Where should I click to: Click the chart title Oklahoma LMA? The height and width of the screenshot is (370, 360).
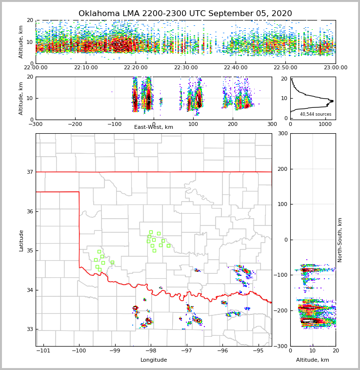185,14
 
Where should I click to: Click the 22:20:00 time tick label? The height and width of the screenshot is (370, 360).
136,68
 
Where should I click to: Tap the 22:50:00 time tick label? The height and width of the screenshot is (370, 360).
285,68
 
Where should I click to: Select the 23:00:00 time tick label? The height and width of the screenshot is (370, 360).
335,68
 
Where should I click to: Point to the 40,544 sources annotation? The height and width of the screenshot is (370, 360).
316,114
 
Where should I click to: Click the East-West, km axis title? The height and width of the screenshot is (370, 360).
154,127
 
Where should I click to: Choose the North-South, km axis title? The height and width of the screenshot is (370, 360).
340,240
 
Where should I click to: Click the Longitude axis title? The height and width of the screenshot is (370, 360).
154,360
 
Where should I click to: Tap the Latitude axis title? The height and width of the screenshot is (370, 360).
21,240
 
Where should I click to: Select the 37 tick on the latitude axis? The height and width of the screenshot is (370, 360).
30,172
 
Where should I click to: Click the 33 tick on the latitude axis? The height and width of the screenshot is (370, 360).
30,329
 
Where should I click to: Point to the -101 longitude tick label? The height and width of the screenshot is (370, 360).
43,350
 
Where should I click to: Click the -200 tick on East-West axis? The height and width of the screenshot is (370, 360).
75,124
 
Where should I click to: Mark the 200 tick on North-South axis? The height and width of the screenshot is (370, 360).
282,169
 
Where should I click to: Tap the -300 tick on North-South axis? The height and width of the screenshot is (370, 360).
280,346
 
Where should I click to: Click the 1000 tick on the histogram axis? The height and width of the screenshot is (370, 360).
325,124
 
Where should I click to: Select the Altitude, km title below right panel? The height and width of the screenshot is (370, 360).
313,360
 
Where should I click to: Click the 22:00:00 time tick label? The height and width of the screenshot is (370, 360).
36,68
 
